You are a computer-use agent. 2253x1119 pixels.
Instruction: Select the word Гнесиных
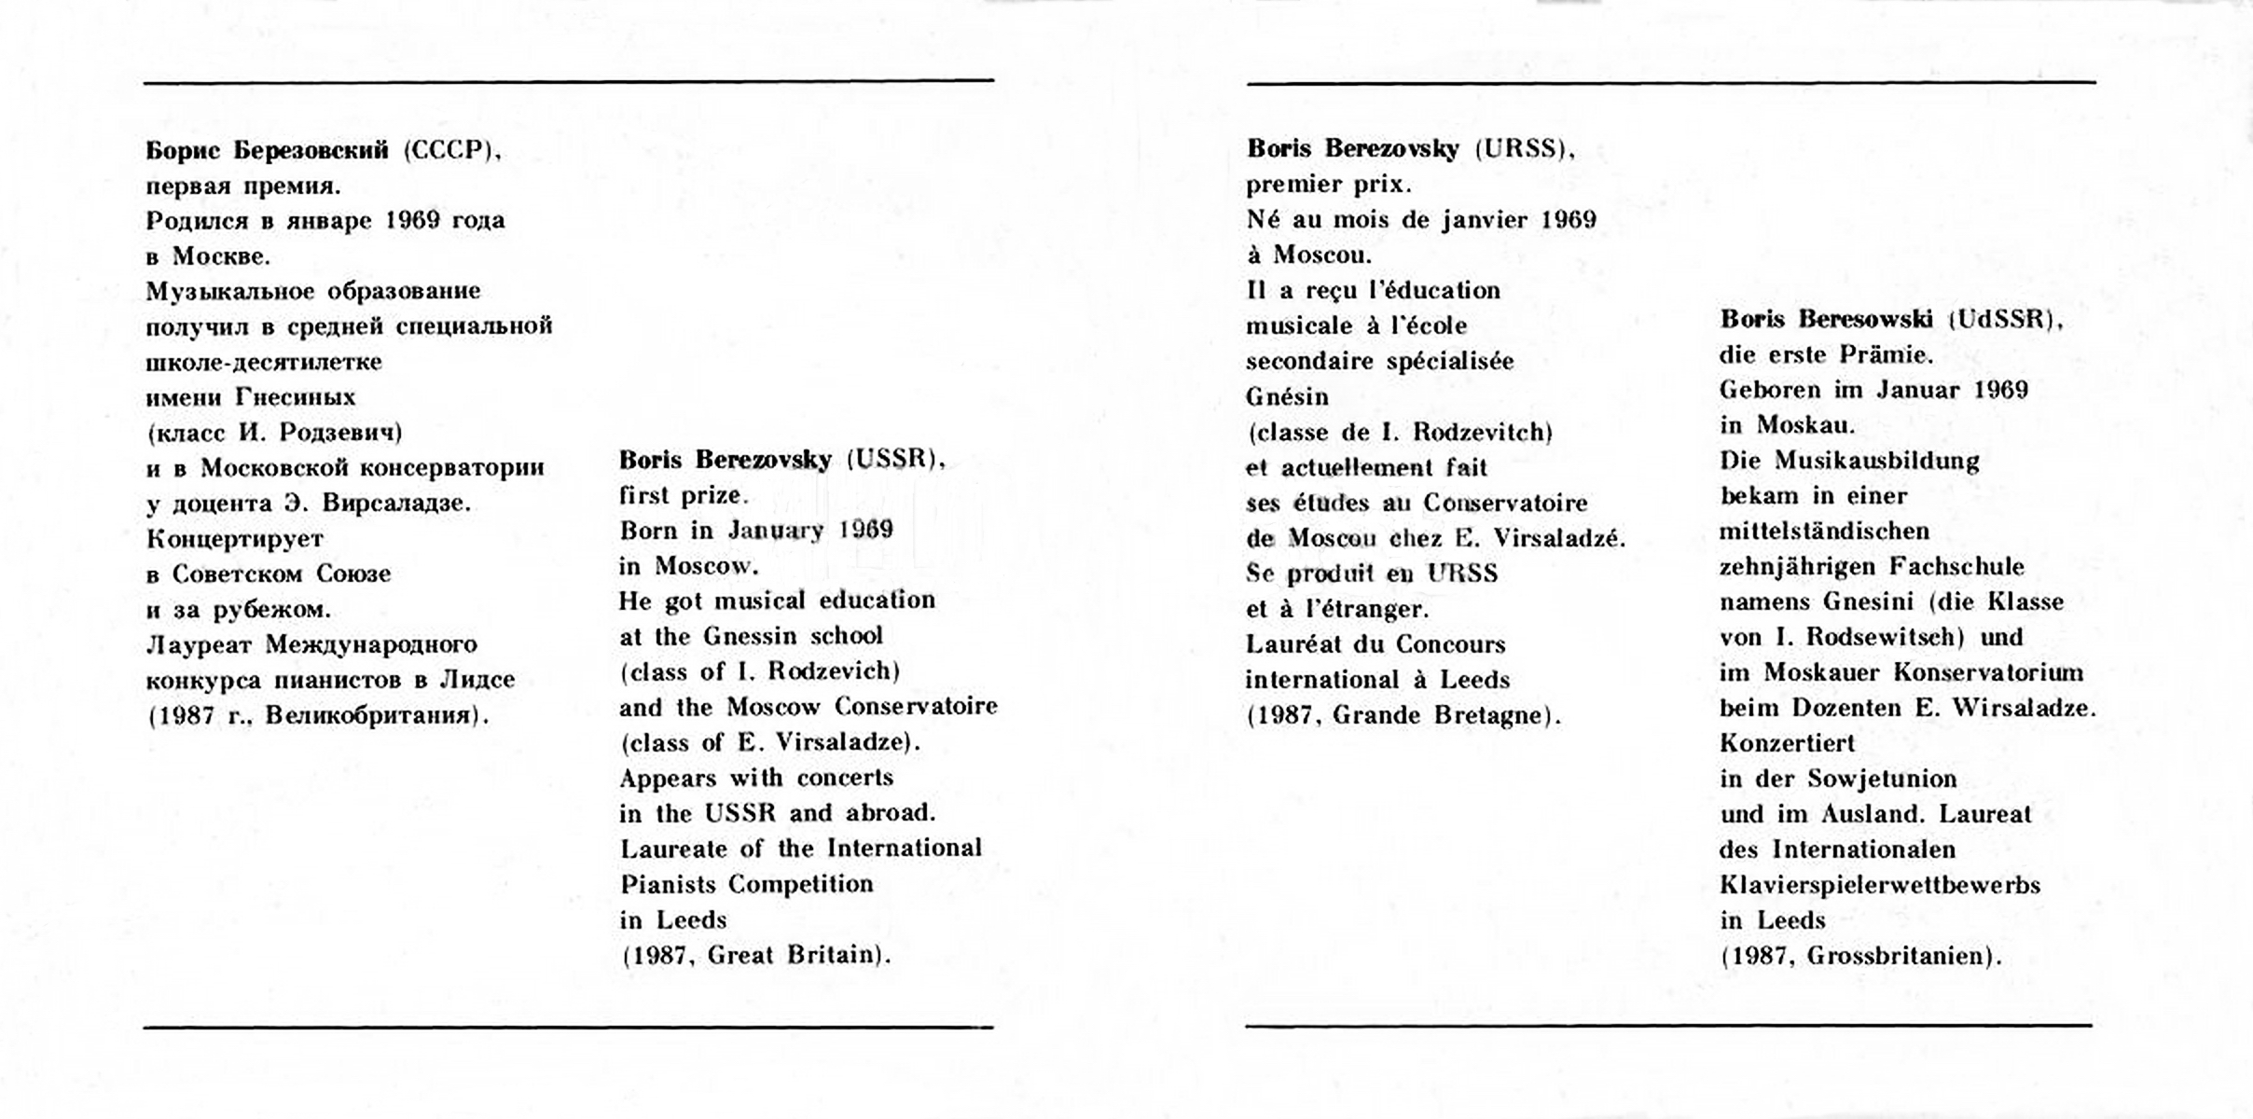click(296, 397)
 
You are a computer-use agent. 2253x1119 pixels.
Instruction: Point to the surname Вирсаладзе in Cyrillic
click(395, 504)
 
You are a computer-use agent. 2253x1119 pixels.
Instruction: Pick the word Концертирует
click(235, 539)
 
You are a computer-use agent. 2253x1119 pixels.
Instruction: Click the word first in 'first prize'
click(644, 495)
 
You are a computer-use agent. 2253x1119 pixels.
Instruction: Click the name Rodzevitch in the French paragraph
click(1482, 433)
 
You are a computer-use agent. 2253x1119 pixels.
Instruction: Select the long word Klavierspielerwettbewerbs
click(1880, 885)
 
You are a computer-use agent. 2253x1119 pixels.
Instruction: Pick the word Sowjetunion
click(1882, 779)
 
